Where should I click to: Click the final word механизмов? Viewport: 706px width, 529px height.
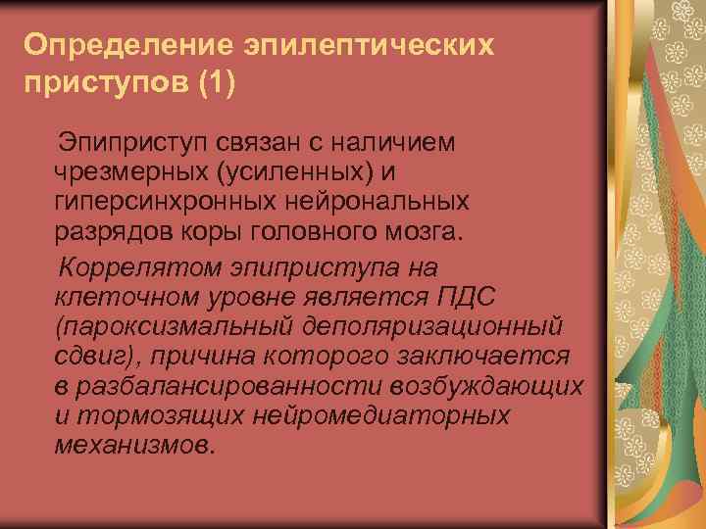tap(133, 445)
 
